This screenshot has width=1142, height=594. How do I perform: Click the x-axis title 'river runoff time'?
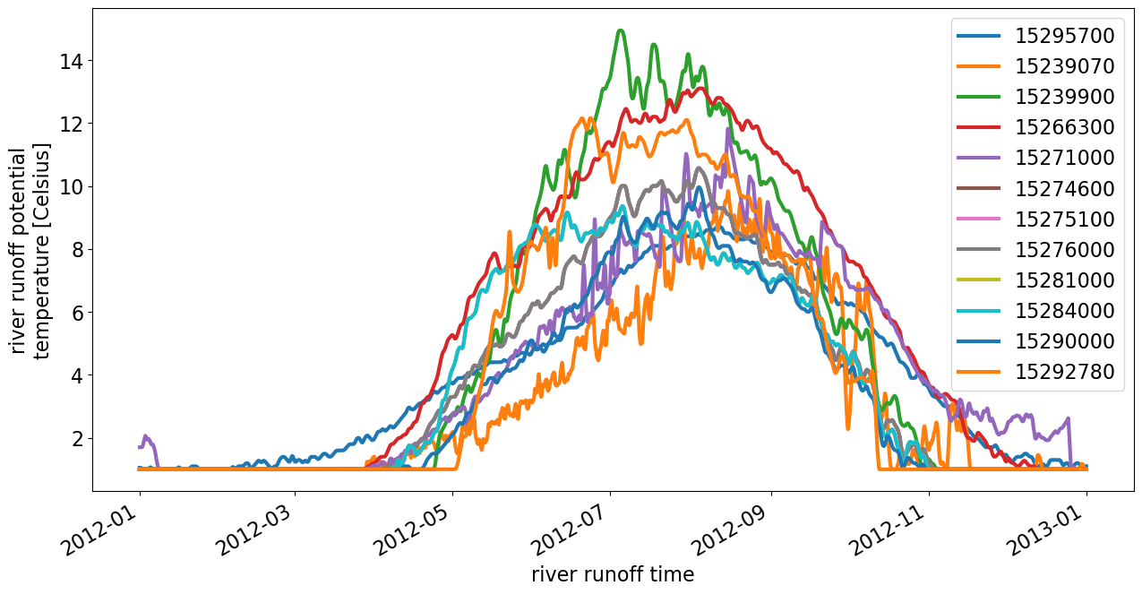pyautogui.click(x=613, y=574)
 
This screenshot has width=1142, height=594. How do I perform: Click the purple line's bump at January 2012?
pyautogui.click(x=146, y=436)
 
